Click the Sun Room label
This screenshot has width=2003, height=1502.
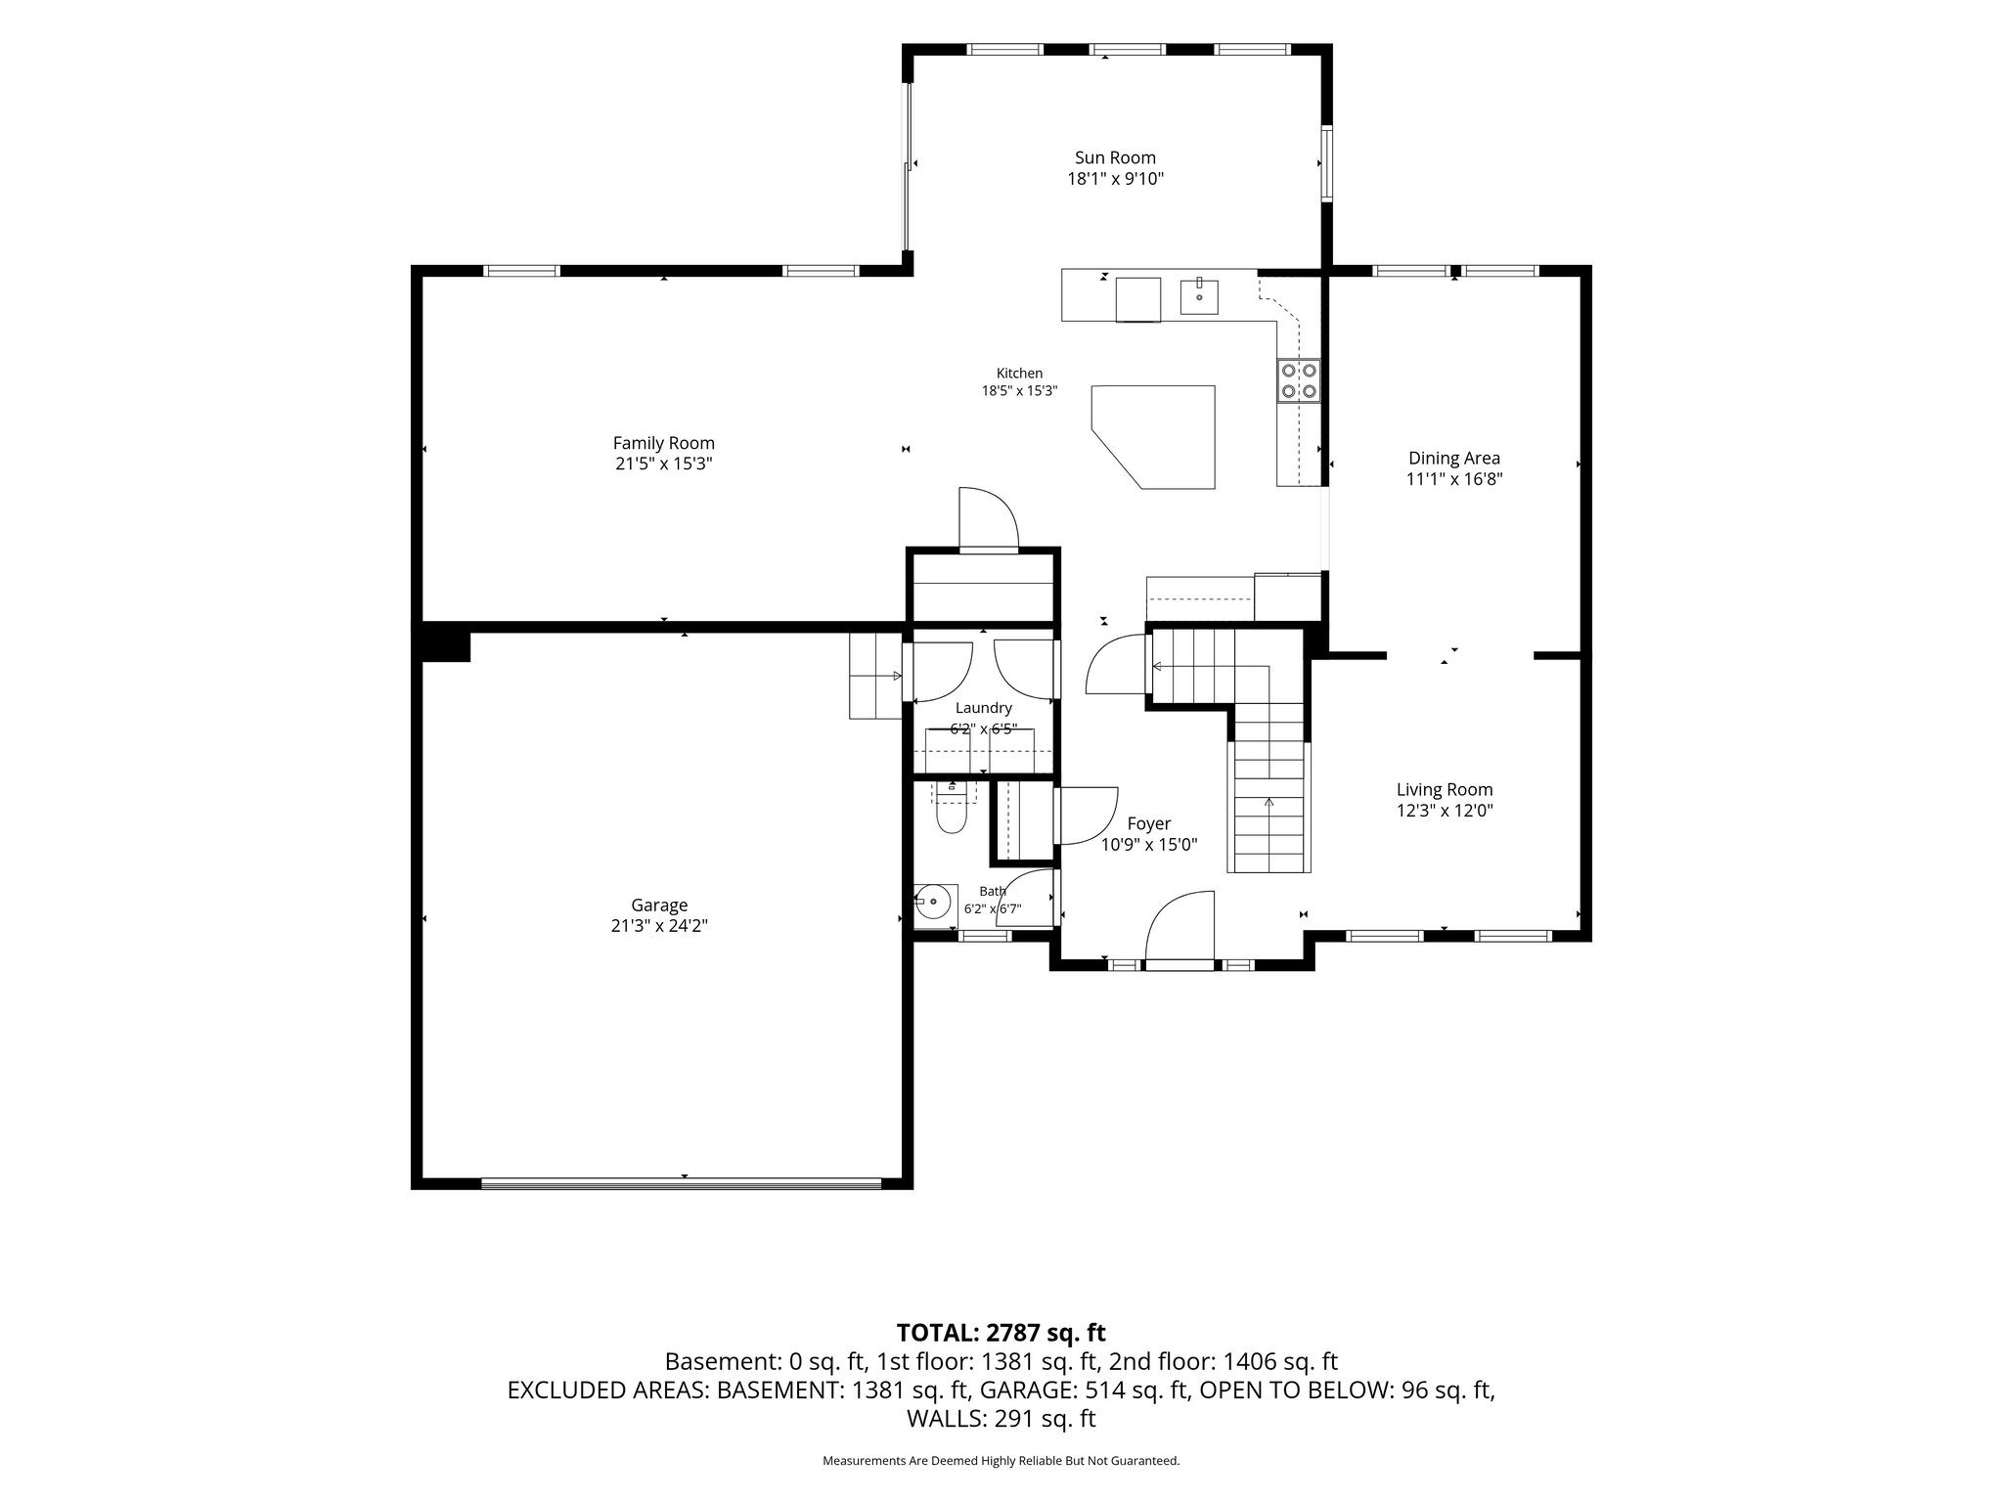(x=1115, y=157)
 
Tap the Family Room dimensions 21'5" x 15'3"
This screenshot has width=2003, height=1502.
(x=663, y=464)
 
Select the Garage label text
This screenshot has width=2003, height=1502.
(x=659, y=906)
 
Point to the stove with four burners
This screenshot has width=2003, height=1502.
(x=1299, y=380)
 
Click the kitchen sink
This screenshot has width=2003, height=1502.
(x=1199, y=295)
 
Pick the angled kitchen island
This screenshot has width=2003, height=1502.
(x=1153, y=436)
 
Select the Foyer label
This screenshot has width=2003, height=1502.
(x=1148, y=824)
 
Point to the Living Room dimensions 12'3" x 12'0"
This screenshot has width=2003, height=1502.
(x=1445, y=811)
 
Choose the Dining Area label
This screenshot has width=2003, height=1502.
(x=1454, y=458)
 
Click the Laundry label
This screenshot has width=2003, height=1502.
(x=984, y=708)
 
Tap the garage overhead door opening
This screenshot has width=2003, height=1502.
(x=682, y=1183)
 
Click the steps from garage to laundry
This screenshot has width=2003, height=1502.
(x=874, y=676)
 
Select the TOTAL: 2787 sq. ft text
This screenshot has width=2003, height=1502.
(x=1001, y=1332)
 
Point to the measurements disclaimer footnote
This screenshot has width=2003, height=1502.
(x=1001, y=1461)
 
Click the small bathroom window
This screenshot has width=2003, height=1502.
(x=984, y=936)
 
